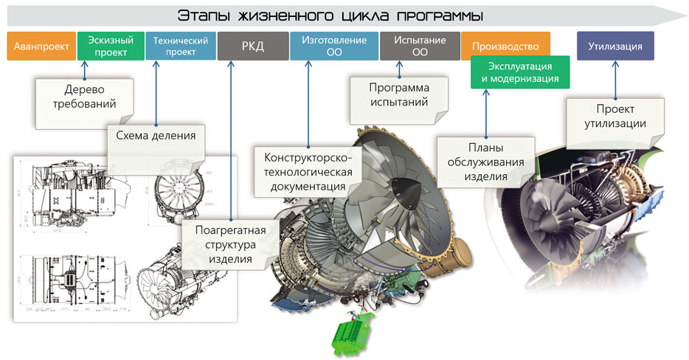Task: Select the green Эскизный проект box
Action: click(x=111, y=46)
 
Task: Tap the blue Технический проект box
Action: click(x=181, y=46)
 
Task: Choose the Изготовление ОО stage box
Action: click(x=333, y=46)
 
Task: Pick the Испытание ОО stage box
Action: click(x=420, y=46)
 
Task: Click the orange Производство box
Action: click(x=505, y=46)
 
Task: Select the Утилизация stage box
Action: click(x=615, y=46)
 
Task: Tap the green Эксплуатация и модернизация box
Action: click(x=519, y=72)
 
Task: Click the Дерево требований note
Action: click(x=85, y=97)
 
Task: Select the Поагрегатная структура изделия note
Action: click(x=229, y=243)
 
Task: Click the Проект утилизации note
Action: click(x=615, y=117)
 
